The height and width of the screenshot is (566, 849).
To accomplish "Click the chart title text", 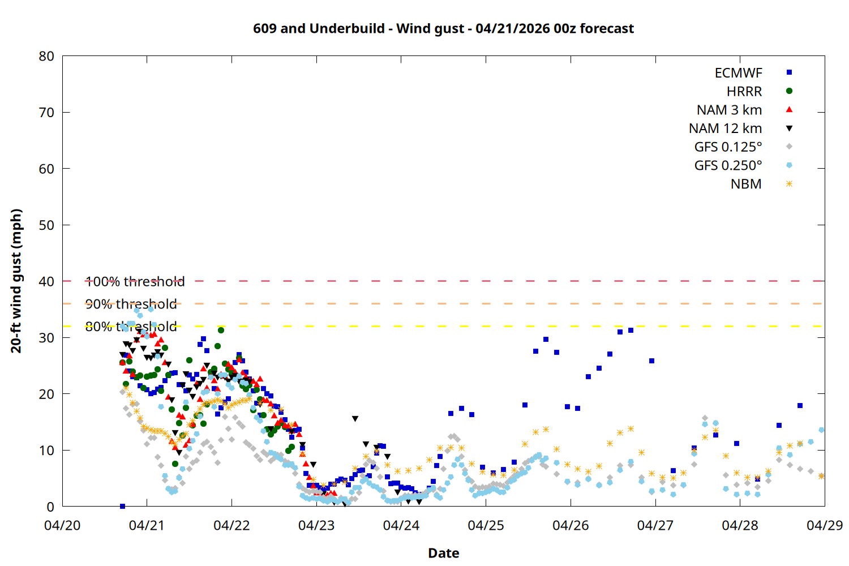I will pos(443,28).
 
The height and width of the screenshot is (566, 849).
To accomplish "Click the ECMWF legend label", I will pos(738,73).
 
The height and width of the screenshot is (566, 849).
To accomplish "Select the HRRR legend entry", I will pos(744,92).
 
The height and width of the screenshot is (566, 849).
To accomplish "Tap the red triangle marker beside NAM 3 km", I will pos(789,110).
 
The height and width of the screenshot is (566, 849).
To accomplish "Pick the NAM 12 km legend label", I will pos(725,128).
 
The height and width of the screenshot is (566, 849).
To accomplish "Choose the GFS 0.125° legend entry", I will pos(728,147).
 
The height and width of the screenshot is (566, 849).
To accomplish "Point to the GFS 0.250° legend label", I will pos(728,166).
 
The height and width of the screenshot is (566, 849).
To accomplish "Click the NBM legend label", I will pos(746,185).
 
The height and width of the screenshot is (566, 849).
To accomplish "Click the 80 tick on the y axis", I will pos(46,56).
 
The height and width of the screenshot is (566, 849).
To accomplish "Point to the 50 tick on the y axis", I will pos(46,225).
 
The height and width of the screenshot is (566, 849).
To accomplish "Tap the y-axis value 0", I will pos(50,507).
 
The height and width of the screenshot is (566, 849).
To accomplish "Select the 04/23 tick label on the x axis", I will pos(316,525).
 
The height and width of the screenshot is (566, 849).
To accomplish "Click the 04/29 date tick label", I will pos(825,525).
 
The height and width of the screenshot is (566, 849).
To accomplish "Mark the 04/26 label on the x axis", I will pos(571,525).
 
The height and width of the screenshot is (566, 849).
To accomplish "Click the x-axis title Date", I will pos(443,553).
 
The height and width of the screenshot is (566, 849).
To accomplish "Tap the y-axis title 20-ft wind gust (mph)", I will pos(16,281).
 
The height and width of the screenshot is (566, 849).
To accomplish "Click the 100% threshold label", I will pos(135,281).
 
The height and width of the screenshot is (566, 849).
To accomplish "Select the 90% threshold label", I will pos(131,304).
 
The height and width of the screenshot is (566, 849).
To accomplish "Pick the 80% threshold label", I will pos(131,327).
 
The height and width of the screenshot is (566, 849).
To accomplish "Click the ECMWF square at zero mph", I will pos(122,506).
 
